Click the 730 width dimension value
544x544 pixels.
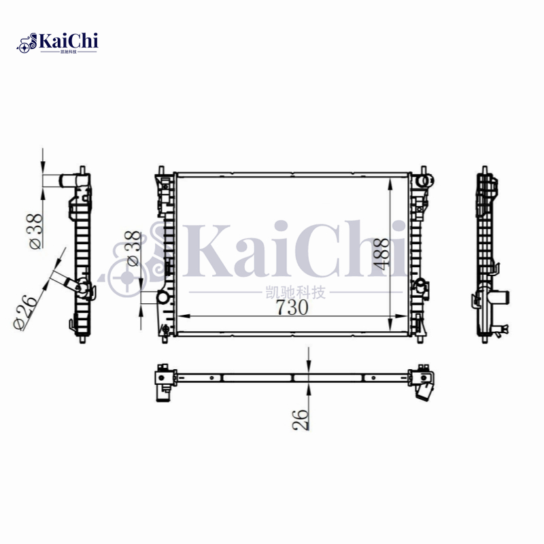click(x=292, y=307)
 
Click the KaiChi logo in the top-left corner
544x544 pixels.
click(x=58, y=43)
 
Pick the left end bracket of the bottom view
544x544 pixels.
click(x=164, y=378)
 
